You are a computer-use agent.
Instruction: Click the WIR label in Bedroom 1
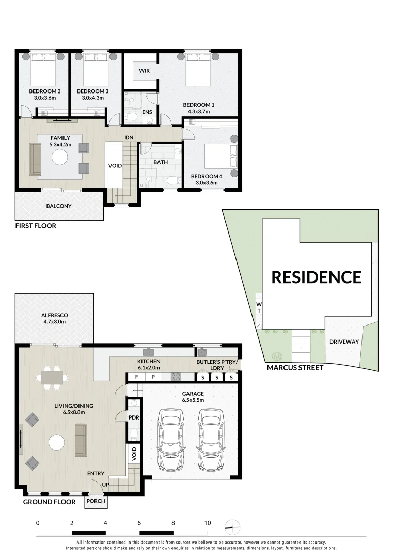point(144,71)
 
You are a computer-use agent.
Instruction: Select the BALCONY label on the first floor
point(58,206)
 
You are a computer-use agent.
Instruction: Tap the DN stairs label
point(130,137)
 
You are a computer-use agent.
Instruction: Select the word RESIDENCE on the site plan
point(316,277)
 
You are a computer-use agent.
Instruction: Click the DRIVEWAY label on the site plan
point(344,342)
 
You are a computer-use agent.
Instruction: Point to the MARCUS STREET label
point(295,368)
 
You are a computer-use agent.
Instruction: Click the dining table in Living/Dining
point(51,378)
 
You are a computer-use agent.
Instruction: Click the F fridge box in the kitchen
point(137,378)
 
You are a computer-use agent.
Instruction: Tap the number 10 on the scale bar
point(207,523)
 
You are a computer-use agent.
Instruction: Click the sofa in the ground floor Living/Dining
point(81,437)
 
